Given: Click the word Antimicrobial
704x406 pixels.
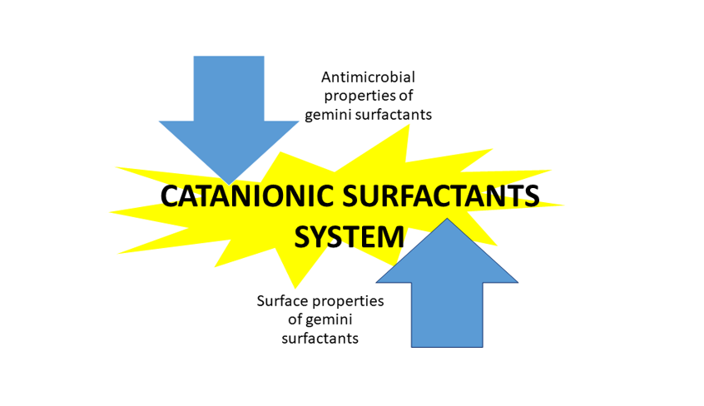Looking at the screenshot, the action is (368, 77).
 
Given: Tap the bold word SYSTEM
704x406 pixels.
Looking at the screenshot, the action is (350, 237).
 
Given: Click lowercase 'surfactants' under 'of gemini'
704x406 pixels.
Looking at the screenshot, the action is (320, 339).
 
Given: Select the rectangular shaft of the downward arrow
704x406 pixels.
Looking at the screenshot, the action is (229, 87).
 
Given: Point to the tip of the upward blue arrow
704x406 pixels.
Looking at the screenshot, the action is (447, 220).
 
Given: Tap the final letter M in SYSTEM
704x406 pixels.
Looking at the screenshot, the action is (392, 237).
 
